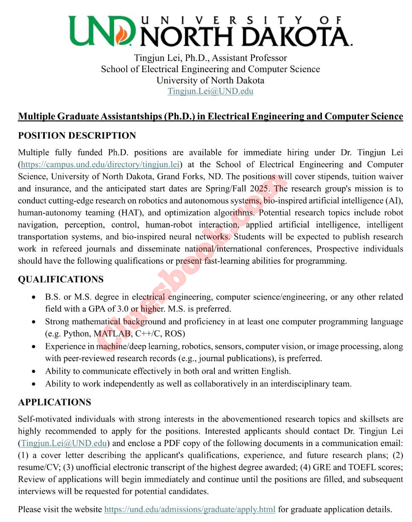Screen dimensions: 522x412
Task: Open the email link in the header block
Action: pyautogui.click(x=210, y=91)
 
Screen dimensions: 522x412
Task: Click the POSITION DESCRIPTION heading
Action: pyautogui.click(x=77, y=136)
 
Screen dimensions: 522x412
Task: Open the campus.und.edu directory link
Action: pyautogui.click(x=101, y=164)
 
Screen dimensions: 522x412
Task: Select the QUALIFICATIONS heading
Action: pyautogui.click(x=61, y=279)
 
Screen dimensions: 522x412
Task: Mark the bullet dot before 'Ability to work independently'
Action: pyautogui.click(x=34, y=384)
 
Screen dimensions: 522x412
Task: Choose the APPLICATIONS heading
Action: pyautogui.click(x=54, y=402)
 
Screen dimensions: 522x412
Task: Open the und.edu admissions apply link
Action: pyautogui.click(x=190, y=509)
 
